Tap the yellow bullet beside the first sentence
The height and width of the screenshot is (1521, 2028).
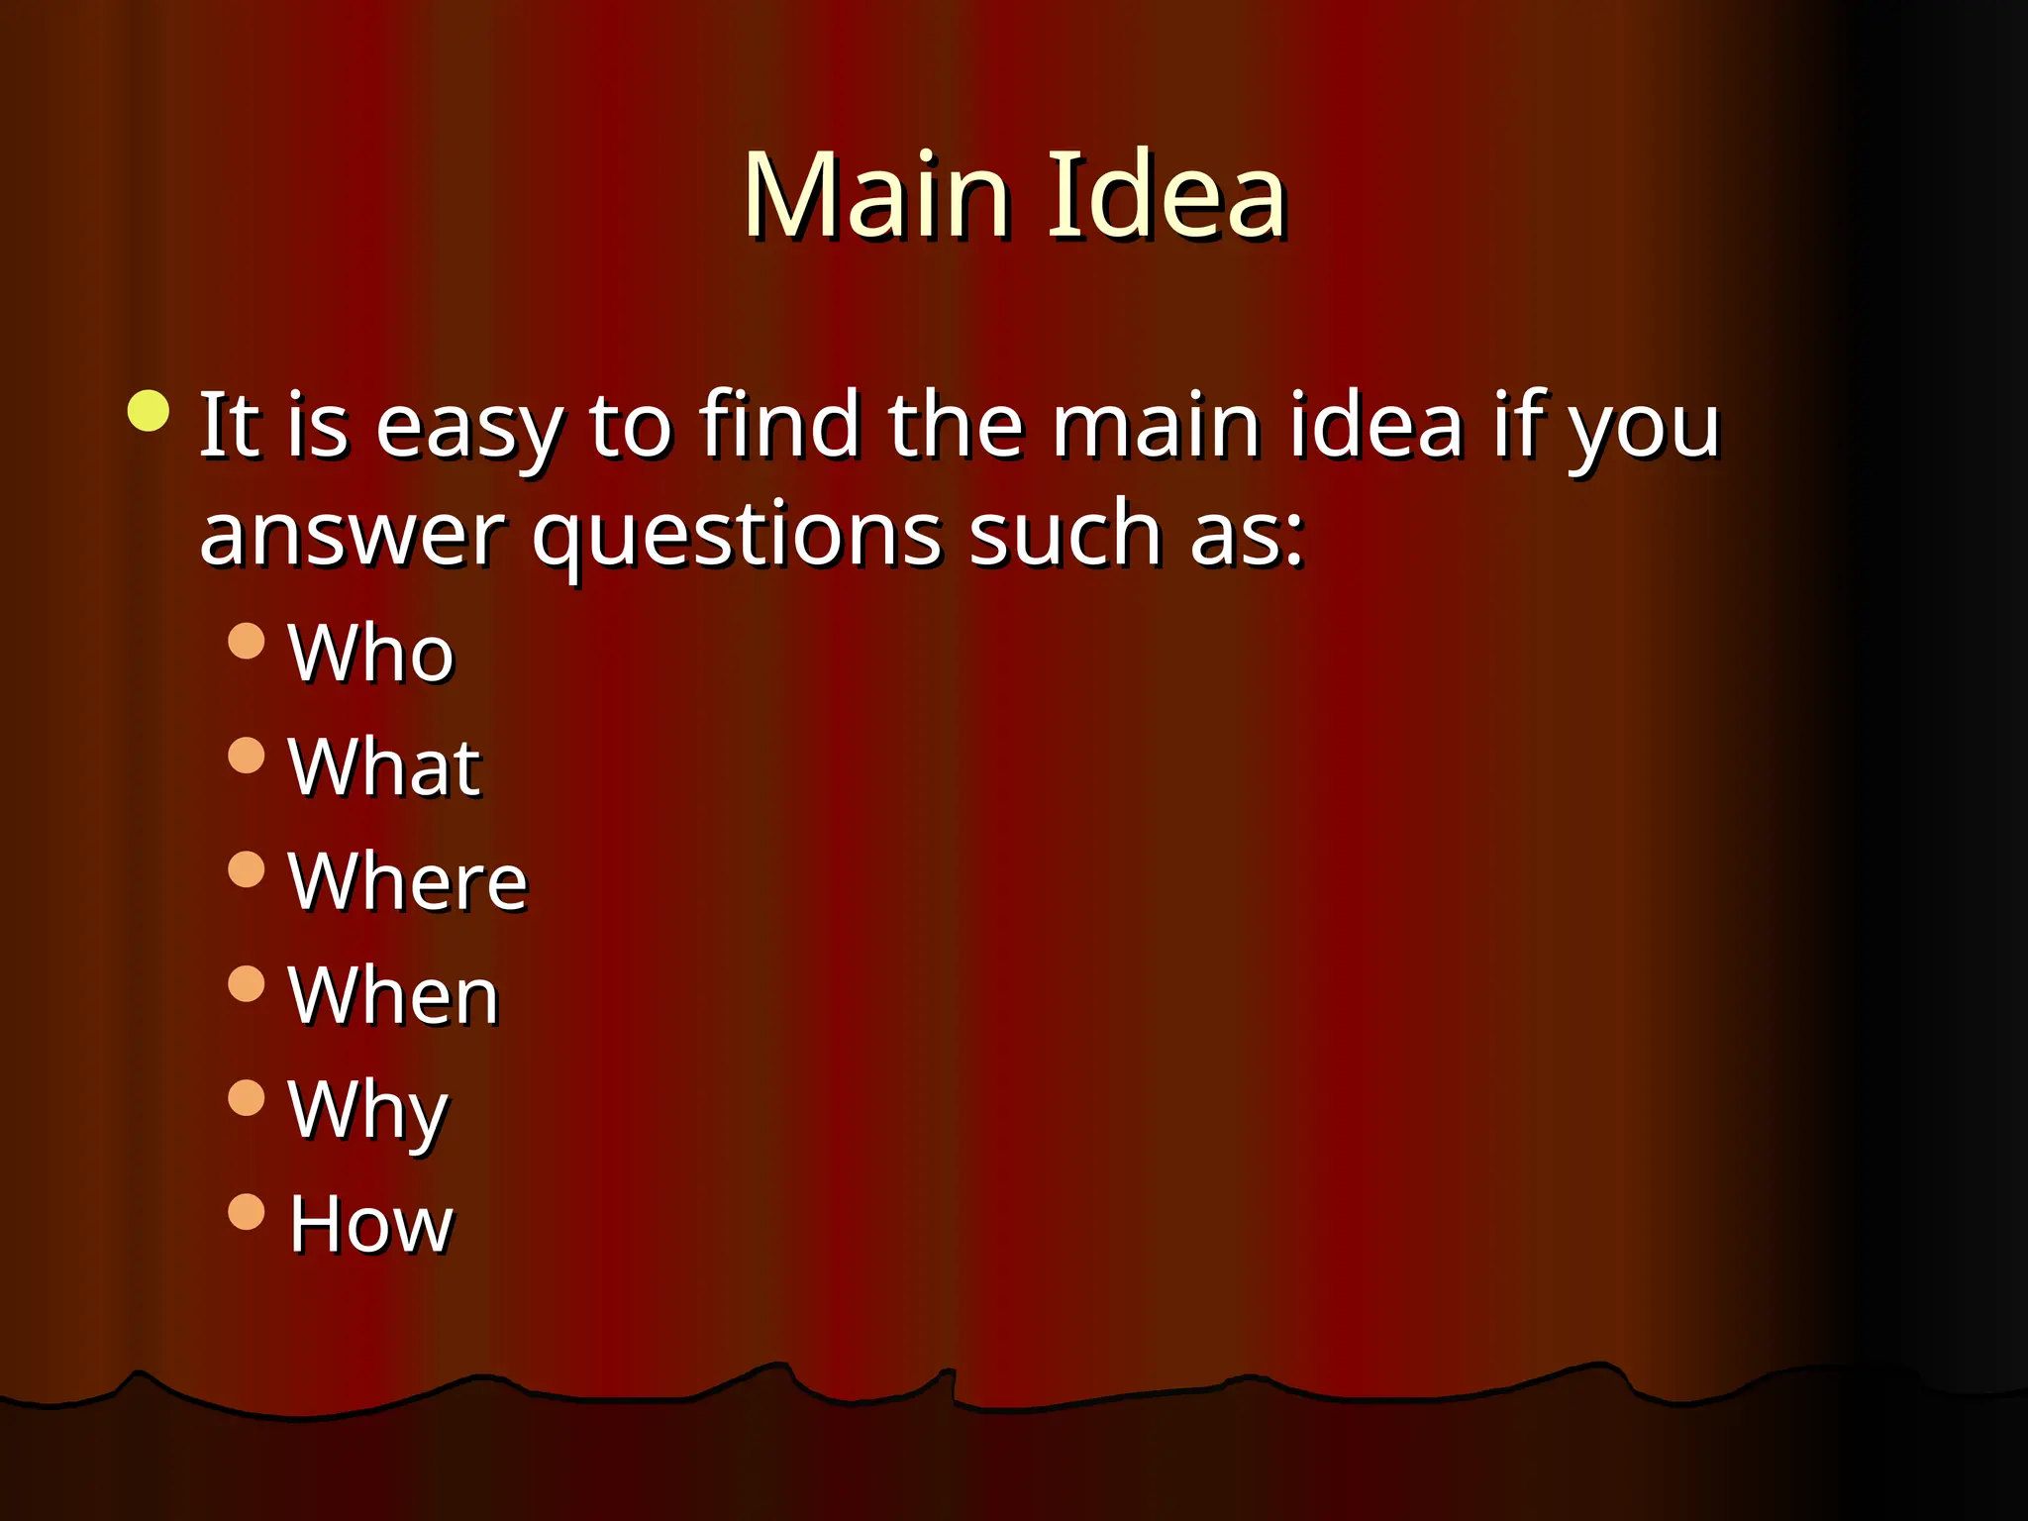click(149, 411)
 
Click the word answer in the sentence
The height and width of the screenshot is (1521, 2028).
click(352, 535)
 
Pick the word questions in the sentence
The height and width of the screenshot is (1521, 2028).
click(737, 540)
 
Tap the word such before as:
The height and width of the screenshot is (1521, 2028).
click(1065, 535)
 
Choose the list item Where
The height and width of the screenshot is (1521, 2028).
click(407, 881)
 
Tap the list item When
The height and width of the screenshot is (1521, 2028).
click(393, 996)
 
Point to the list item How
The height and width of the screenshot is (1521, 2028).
click(370, 1225)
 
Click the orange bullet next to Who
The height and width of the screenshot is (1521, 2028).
click(247, 641)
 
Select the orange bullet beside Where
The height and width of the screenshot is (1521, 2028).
click(247, 869)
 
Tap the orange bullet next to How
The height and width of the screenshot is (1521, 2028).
click(247, 1212)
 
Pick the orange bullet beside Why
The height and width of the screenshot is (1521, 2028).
click(247, 1098)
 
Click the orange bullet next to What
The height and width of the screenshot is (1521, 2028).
click(247, 756)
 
